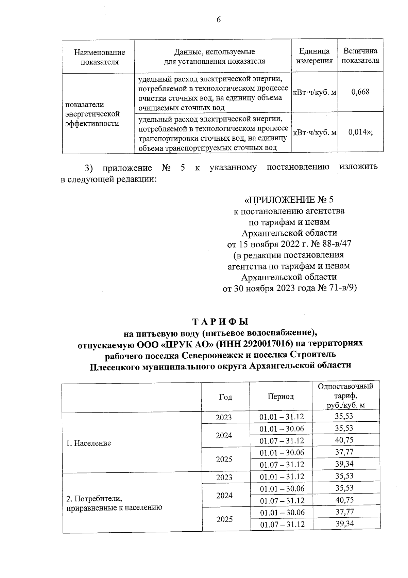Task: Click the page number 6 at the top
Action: coord(219,20)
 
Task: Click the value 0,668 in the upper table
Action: coord(360,92)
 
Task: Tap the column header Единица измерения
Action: coord(314,56)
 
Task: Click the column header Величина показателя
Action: coord(360,56)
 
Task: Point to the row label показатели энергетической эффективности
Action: coord(92,114)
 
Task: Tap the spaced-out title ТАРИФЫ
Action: coord(220,322)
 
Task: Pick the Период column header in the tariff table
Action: coord(280,396)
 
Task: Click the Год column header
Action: coord(225,397)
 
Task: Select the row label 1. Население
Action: coord(88,443)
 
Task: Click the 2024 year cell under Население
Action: coord(224,435)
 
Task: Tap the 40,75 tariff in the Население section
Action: coord(344,440)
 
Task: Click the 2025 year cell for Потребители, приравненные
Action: coord(224,519)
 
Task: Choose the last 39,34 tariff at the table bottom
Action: coord(344,524)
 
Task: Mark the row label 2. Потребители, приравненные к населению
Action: coord(114,503)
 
